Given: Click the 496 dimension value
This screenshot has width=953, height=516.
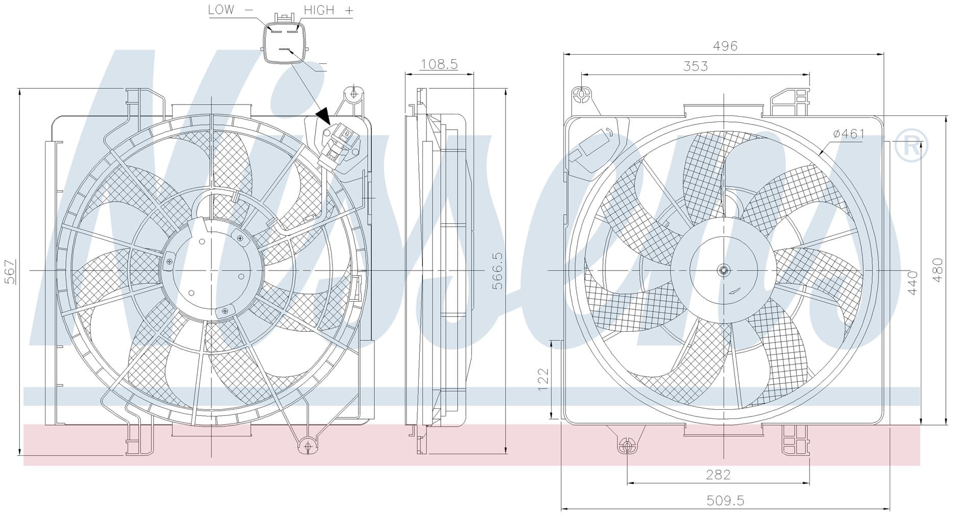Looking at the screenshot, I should [725, 46].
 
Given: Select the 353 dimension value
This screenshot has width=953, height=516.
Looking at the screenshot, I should [696, 66].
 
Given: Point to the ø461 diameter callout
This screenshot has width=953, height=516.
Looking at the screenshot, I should [848, 134].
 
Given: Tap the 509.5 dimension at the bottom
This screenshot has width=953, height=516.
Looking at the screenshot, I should [725, 501].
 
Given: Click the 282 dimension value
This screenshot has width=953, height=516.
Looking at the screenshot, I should [718, 475].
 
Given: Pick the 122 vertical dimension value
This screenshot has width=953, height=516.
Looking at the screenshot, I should [543, 379].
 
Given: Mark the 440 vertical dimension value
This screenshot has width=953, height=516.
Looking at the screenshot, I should [913, 283].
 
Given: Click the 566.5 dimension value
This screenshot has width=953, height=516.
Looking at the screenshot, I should [497, 271].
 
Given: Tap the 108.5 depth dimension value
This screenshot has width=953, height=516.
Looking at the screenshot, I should [439, 64].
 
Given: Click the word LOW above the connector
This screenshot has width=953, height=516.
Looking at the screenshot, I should [221, 10].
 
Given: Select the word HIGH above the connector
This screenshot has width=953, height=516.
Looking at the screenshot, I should [319, 10].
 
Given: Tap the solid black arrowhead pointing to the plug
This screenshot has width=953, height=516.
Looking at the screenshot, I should [324, 116].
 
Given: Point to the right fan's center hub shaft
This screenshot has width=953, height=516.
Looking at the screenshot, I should [724, 271].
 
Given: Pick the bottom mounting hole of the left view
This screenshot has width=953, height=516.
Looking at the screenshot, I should [307, 446].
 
